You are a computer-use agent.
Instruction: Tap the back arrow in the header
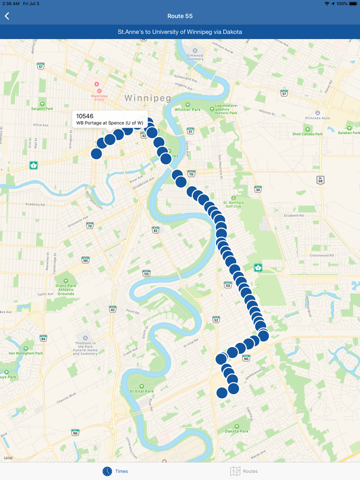coord(7,16)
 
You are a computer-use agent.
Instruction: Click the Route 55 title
coord(180,16)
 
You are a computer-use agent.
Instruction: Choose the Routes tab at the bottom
coord(244,471)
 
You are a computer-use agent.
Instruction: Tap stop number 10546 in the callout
coord(85,116)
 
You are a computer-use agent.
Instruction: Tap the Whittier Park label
coord(187,109)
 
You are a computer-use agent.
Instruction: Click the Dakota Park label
coord(237,431)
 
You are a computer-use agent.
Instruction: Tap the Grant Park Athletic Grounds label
coord(65,290)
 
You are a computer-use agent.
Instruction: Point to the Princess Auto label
coord(317,118)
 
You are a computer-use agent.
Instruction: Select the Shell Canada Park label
coord(308,134)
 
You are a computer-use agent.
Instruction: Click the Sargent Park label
coord(42,109)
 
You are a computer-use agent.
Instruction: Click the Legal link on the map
coord(8,457)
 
